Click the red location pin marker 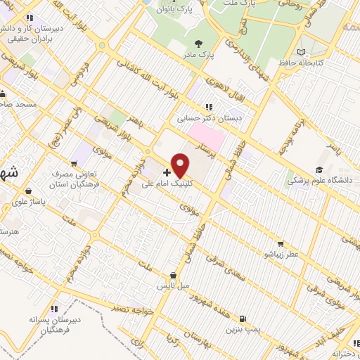coord(181,165)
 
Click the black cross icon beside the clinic coord(167,172)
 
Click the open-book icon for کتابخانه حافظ coord(302,52)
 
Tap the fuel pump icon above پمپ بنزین coord(242,317)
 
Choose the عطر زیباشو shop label coord(281,252)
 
